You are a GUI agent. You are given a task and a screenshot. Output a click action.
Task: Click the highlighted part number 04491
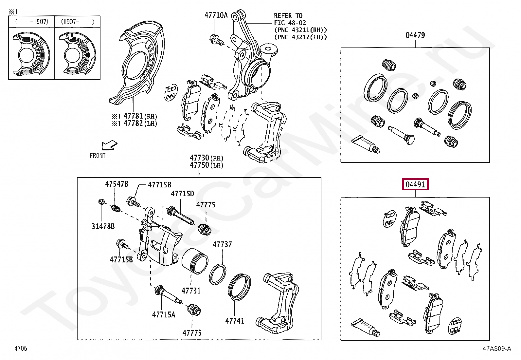[x=415, y=185]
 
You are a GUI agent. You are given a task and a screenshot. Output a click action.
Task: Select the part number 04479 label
[x=415, y=35]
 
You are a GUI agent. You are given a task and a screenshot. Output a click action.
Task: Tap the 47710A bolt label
[x=216, y=15]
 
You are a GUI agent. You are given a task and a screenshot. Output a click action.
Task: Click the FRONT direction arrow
[x=109, y=145]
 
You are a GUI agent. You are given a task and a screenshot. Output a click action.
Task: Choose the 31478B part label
[x=103, y=226]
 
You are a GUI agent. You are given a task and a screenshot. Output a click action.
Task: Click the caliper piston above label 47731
[x=194, y=264]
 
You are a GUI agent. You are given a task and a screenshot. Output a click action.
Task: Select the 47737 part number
[x=222, y=244]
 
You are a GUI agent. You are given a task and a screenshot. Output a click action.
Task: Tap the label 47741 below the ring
[x=235, y=321]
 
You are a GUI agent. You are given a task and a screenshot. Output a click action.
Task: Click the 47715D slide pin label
[x=182, y=194]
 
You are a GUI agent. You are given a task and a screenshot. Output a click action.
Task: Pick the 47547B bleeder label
[x=117, y=184]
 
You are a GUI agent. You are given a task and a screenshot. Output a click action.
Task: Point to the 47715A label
[x=163, y=315]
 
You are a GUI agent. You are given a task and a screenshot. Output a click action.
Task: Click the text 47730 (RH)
[x=207, y=158]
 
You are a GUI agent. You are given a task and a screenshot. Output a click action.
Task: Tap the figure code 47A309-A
[x=496, y=349]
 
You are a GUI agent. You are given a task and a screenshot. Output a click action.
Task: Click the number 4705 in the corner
[x=21, y=348]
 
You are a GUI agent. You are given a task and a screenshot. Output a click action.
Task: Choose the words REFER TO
[x=288, y=15]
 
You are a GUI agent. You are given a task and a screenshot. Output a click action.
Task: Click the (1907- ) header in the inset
[x=77, y=22]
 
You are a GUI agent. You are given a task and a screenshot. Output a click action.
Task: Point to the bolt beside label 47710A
[x=216, y=40]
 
